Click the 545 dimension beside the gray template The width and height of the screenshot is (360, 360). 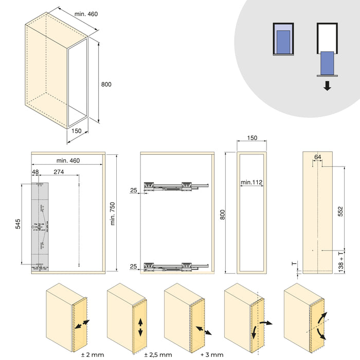(18, 224)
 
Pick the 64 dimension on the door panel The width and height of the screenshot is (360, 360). (317, 156)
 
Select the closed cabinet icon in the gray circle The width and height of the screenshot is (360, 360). (283, 39)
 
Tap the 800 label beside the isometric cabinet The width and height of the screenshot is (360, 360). (106, 84)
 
